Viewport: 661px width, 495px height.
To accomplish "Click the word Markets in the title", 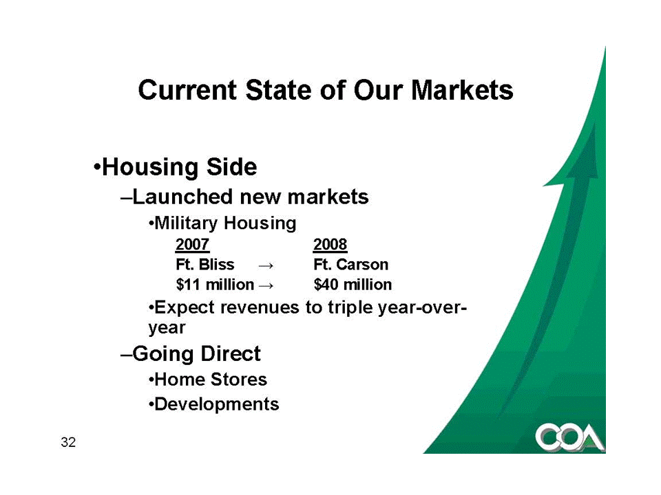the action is pyautogui.click(x=462, y=90).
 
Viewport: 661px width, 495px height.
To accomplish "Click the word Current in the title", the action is pyautogui.click(x=187, y=90).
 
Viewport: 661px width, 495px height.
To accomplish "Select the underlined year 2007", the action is pyautogui.click(x=192, y=245).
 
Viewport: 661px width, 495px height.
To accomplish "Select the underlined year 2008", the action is pyautogui.click(x=330, y=245).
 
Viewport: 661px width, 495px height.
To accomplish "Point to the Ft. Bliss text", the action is pyautogui.click(x=205, y=264).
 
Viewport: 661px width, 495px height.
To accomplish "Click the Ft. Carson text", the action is pyautogui.click(x=350, y=264).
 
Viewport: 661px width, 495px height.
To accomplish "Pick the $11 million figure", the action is pyautogui.click(x=215, y=285).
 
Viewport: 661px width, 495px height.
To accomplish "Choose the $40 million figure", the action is pyautogui.click(x=353, y=285).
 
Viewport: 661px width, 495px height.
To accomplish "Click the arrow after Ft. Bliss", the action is pyautogui.click(x=266, y=265).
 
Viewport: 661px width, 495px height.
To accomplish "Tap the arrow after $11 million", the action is pyautogui.click(x=266, y=286).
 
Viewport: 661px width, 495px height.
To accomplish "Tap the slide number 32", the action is pyautogui.click(x=68, y=442).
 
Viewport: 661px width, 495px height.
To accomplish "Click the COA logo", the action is pyautogui.click(x=570, y=438).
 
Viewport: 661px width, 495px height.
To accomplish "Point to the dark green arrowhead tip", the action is pyautogui.click(x=594, y=123).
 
